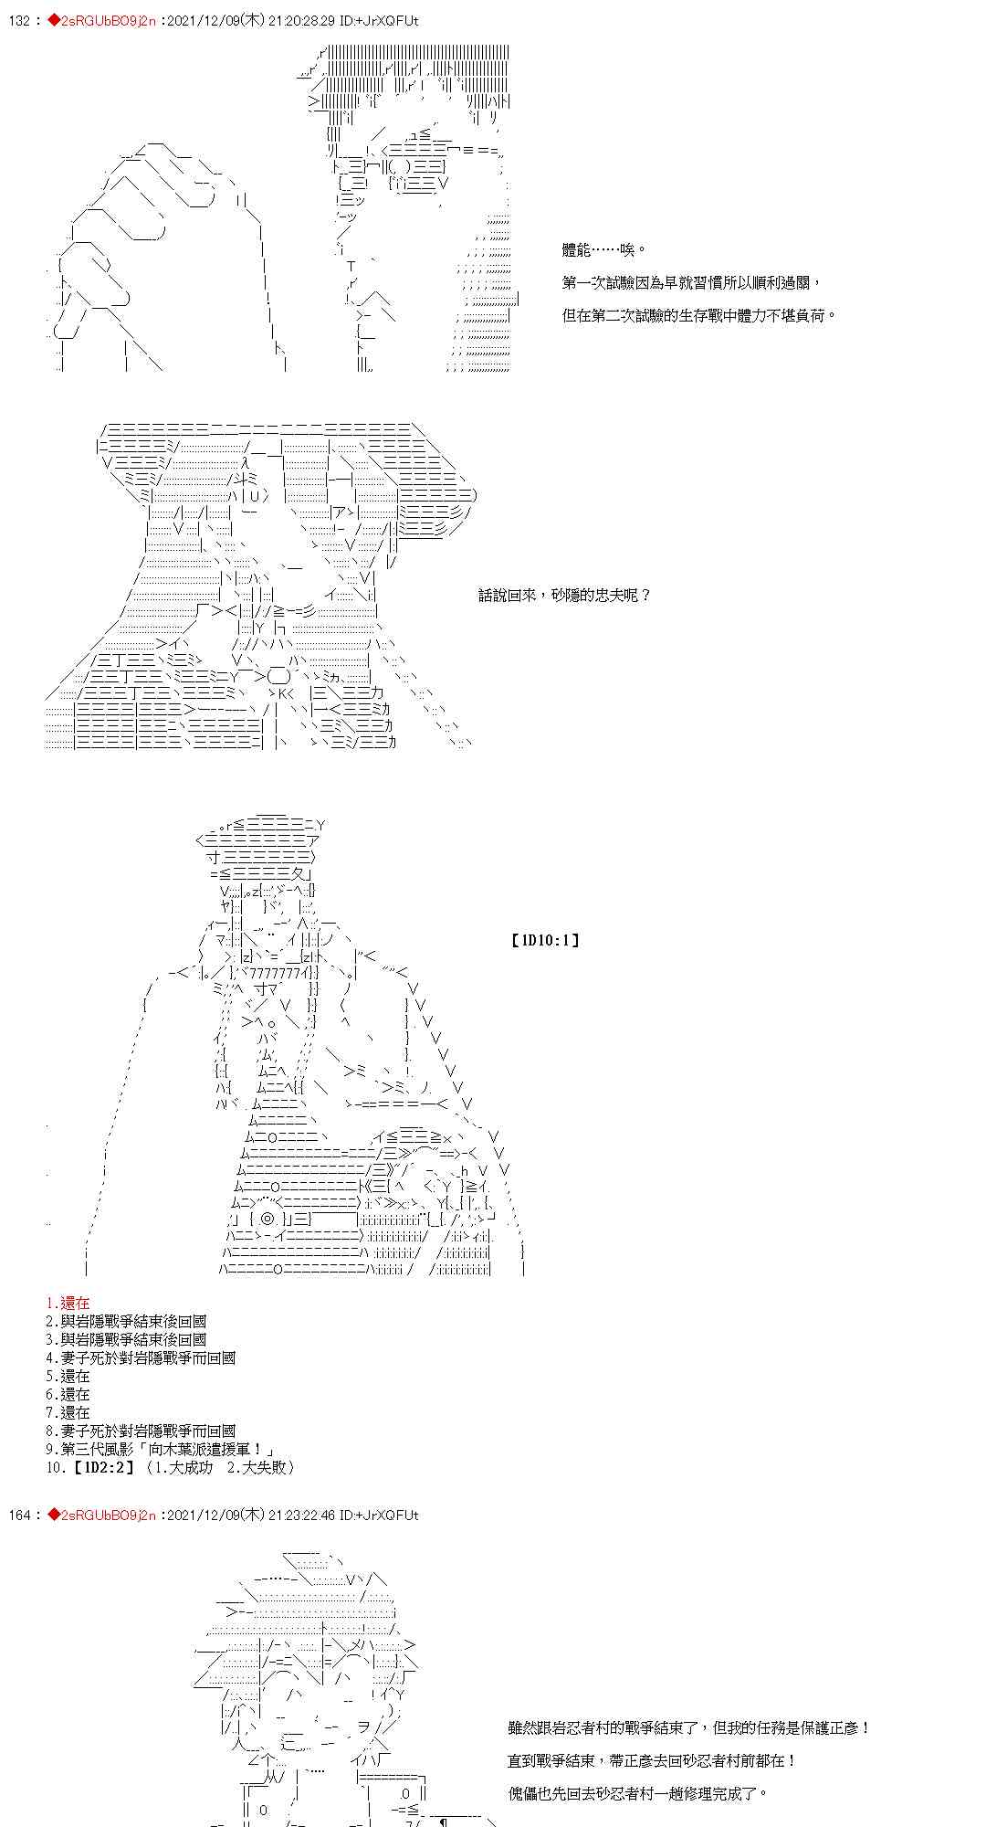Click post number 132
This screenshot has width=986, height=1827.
point(19,21)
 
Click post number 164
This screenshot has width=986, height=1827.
point(19,1515)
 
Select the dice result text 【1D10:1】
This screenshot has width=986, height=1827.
point(545,939)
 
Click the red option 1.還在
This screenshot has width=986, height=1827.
point(68,1303)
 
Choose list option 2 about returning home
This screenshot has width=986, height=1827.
point(126,1321)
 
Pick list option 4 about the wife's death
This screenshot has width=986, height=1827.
point(141,1357)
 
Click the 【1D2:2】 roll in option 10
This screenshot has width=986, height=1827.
point(100,1467)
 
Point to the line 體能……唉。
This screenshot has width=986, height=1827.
point(604,249)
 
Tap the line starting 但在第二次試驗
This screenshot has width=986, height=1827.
point(699,315)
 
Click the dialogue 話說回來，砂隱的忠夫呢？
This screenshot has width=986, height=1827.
point(565,595)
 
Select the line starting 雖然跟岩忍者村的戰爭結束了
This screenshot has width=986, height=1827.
point(689,1727)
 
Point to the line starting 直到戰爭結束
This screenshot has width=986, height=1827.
point(652,1760)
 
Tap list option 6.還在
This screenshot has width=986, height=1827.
point(68,1394)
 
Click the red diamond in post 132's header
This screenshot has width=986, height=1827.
point(53,21)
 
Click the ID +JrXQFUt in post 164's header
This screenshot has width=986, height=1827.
point(390,1515)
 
